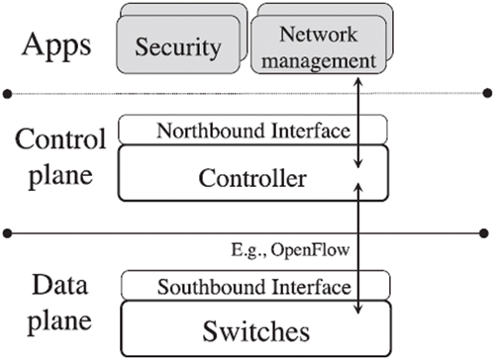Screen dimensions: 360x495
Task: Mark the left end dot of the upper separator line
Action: [8, 94]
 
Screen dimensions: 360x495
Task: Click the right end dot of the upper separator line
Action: [487, 94]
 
